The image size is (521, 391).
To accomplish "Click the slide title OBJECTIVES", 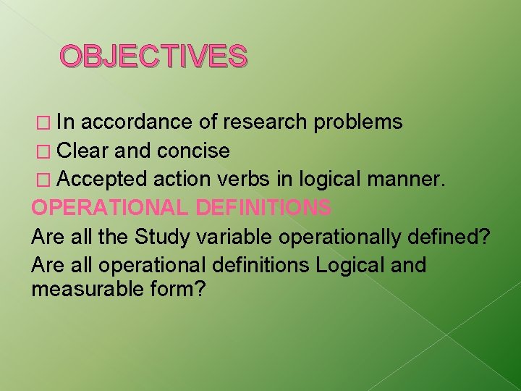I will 153,56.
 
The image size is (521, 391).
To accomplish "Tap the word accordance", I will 135,122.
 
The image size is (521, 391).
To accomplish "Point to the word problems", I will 358,122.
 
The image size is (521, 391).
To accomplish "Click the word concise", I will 194,151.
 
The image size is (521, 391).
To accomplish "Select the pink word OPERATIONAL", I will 110,208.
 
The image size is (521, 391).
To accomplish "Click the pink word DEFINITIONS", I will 263,208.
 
